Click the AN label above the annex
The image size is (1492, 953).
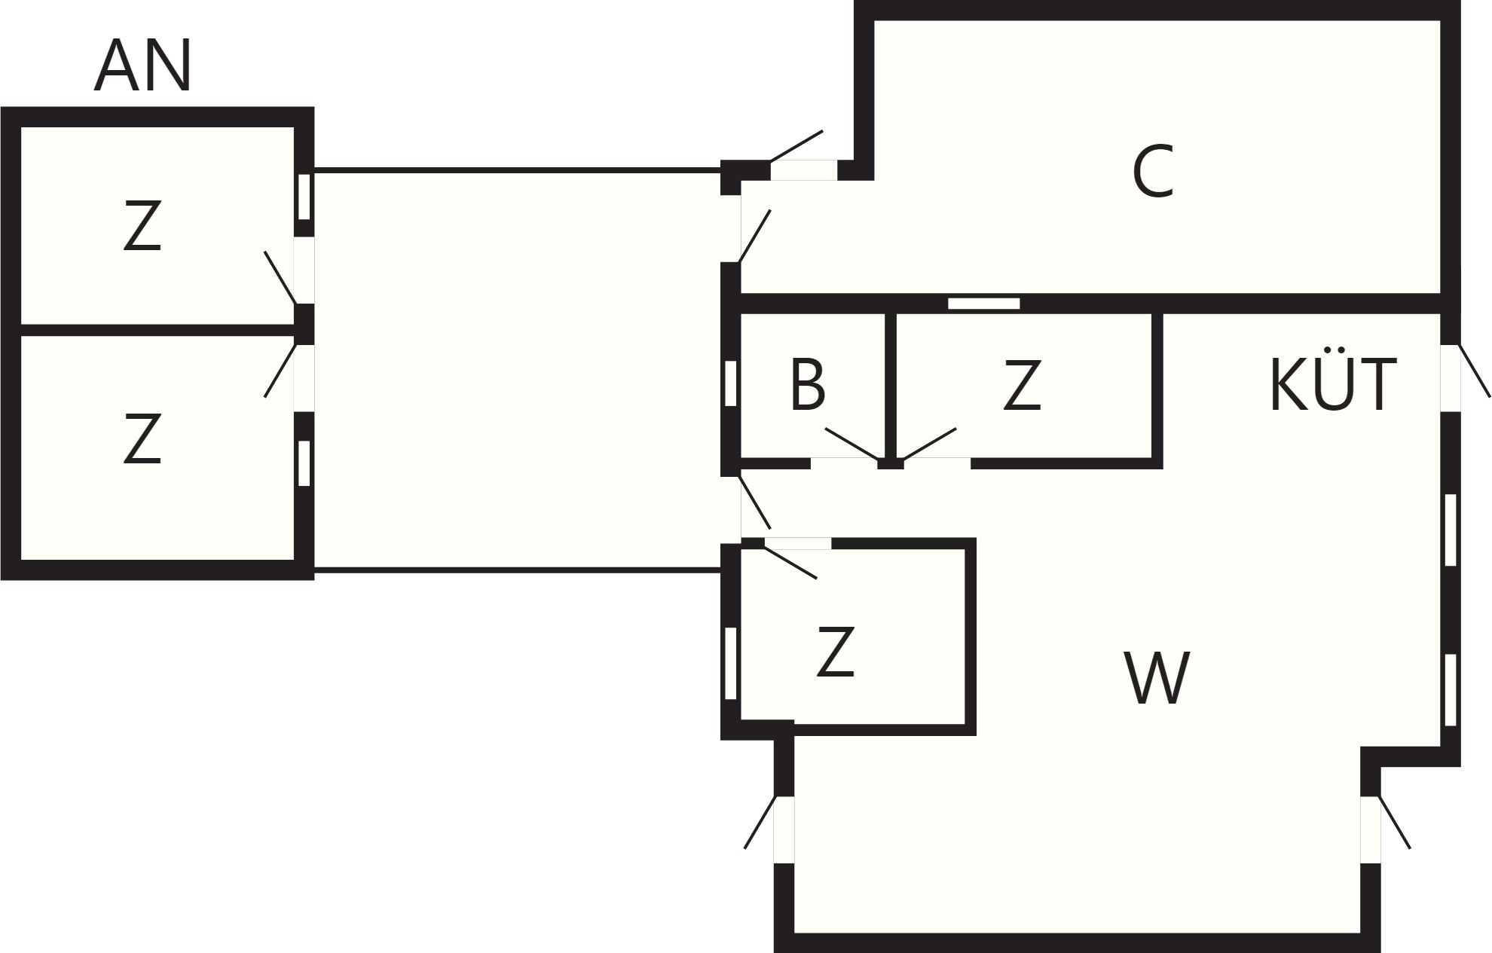142,66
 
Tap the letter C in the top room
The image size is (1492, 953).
1153,173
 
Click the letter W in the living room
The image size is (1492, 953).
1157,678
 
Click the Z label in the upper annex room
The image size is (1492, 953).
142,225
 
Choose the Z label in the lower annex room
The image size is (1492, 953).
142,438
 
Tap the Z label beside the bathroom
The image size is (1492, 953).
1022,385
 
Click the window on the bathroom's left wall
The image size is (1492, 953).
730,383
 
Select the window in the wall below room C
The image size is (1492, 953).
983,304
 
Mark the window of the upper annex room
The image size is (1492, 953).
304,197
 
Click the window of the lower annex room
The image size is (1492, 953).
304,463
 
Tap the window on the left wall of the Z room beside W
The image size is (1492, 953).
730,664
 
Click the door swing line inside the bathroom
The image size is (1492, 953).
852,444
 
